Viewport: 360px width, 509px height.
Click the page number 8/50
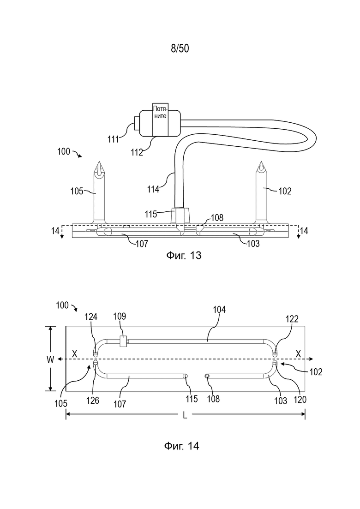[180, 48]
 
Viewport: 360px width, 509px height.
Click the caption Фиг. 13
[184, 256]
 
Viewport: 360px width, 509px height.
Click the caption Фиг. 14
[182, 446]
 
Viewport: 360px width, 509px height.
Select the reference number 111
[114, 139]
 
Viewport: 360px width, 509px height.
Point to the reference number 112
[137, 152]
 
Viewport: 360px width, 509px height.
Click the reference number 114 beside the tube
[153, 189]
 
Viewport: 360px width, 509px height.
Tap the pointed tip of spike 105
[99, 162]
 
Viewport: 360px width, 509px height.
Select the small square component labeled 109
[123, 341]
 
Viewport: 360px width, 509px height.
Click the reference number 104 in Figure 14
[219, 310]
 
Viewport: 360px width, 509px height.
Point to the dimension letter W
[50, 359]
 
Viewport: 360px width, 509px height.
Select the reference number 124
[91, 317]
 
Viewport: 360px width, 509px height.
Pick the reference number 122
[292, 319]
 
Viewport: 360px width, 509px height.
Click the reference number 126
[92, 401]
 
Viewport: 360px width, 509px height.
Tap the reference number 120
[300, 400]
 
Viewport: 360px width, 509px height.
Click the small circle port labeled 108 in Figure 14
[207, 376]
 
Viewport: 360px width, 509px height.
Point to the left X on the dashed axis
[75, 354]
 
